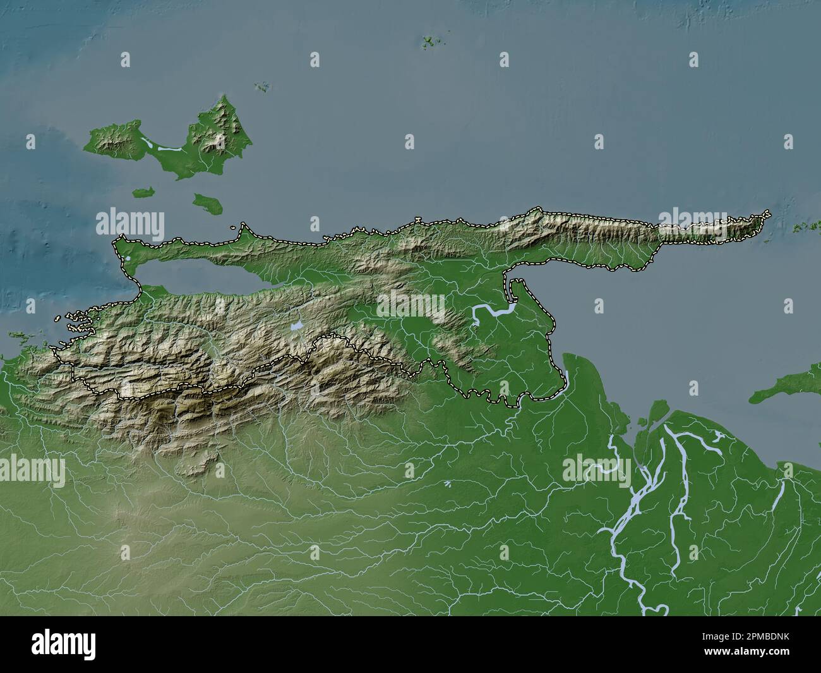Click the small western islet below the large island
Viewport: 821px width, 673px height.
144,191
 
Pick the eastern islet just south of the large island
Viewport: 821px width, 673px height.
205,203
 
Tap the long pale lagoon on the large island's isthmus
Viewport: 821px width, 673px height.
167,149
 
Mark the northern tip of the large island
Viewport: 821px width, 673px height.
223,95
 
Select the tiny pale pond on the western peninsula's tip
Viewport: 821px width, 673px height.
128,258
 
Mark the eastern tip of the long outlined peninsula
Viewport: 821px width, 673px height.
769,213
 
